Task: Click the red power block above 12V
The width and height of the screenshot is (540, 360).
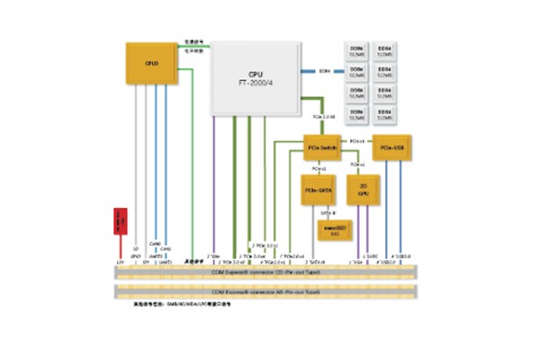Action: coord(117,220)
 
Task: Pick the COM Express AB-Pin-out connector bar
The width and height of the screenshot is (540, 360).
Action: coord(266,292)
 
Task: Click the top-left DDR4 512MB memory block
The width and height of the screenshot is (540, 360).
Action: coord(355,50)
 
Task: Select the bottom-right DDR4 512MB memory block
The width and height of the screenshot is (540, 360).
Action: coord(386,115)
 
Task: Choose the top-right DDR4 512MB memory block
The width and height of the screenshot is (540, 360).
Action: coord(386,50)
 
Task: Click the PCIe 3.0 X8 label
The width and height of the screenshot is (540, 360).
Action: coord(323,117)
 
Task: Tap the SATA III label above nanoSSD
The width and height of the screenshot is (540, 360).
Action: coord(329,212)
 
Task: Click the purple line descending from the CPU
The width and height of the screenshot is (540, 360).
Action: coord(215,180)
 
